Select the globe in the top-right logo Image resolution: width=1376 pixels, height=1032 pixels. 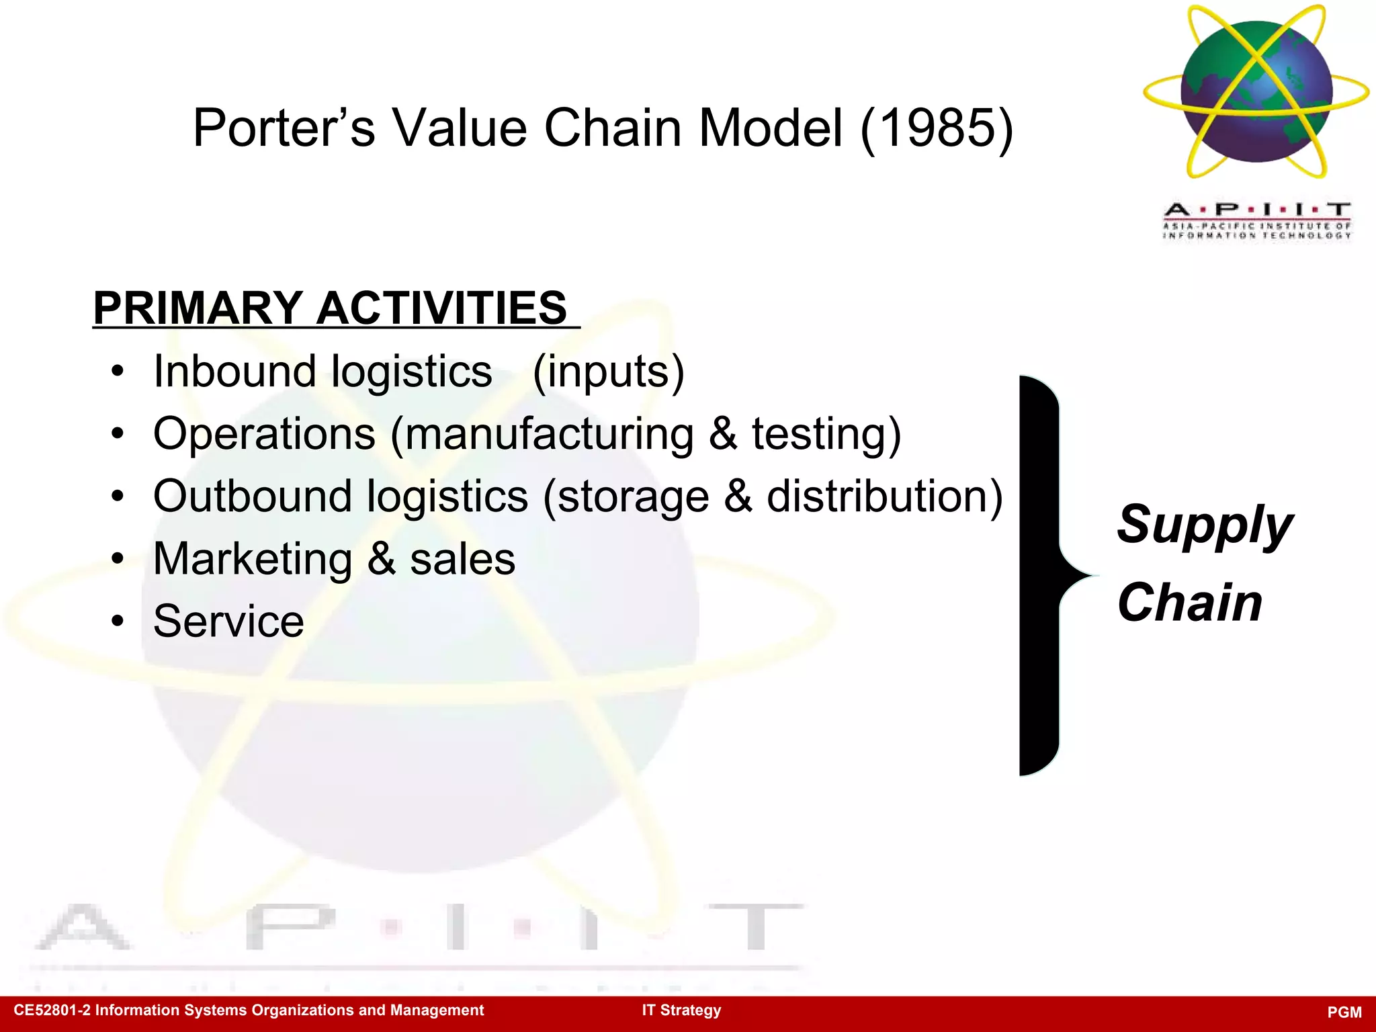pos(1256,91)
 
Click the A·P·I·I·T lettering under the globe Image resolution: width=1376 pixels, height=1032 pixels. pos(1257,210)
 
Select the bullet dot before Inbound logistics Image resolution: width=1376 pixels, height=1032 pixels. pos(118,372)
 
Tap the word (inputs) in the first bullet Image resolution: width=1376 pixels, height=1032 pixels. pos(608,372)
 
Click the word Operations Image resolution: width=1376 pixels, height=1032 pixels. pos(264,434)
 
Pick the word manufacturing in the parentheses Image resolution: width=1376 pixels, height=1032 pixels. pos(550,434)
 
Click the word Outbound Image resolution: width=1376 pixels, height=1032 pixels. pos(252,497)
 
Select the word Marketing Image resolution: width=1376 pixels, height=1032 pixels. pos(252,559)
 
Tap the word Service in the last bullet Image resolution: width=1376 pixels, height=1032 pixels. pos(228,621)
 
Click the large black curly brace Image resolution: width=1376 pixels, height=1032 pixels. pos(1039,575)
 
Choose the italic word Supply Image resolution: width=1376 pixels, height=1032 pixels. pos(1204,525)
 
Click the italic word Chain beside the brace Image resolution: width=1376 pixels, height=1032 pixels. pos(1189,603)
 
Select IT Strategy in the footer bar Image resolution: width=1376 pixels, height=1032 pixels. pos(681,1010)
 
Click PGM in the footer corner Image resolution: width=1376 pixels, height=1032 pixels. pos(1344,1013)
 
